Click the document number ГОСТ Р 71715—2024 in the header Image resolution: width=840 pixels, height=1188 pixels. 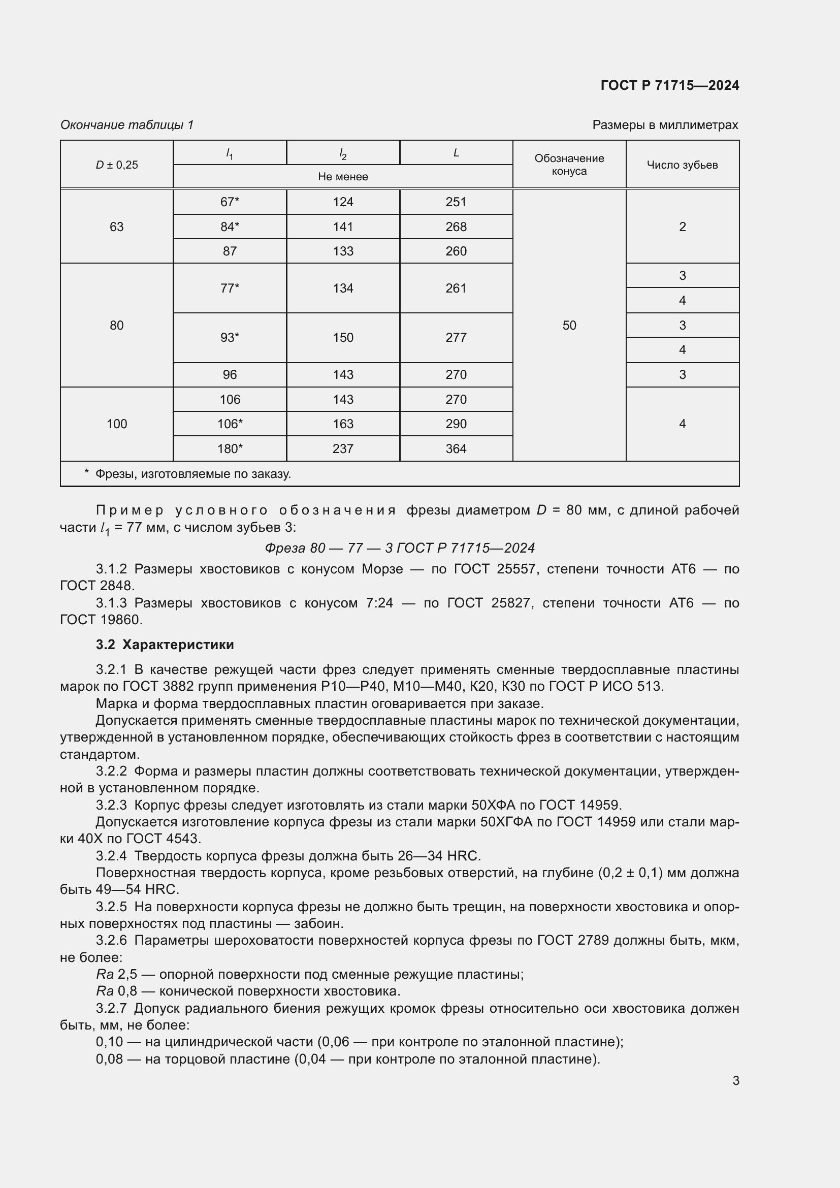(669, 85)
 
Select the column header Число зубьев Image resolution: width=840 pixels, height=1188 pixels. (682, 165)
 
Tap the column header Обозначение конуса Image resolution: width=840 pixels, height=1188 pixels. (569, 165)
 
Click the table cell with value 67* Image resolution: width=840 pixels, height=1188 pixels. (230, 202)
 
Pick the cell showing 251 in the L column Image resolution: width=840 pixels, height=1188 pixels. (456, 202)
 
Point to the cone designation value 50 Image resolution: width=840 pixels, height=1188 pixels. (569, 326)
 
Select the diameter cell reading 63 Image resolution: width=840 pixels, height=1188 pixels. (116, 227)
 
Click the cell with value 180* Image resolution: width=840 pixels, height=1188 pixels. (230, 448)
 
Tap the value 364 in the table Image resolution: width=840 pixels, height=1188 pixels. (456, 448)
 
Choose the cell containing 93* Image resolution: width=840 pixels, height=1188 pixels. (230, 337)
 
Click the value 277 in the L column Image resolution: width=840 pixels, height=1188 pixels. (456, 337)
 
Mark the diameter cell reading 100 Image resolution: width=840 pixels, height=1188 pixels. (116, 424)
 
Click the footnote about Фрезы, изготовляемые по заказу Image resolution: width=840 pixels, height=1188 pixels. (192, 474)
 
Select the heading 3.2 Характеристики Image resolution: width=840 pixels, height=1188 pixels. (165, 645)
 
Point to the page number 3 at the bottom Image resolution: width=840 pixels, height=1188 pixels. (735, 1080)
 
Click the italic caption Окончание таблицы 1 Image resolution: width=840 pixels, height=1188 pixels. (127, 125)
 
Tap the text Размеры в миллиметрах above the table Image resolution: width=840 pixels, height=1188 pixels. (665, 125)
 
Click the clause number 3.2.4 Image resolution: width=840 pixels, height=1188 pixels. (111, 856)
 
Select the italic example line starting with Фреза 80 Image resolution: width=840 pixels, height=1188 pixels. (399, 548)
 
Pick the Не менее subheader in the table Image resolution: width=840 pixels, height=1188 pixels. (343, 176)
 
